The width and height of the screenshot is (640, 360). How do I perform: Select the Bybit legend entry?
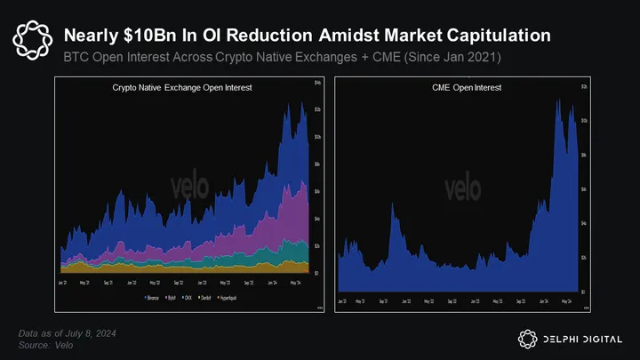[x=171, y=296]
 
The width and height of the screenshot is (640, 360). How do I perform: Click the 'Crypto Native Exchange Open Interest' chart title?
[x=169, y=89]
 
